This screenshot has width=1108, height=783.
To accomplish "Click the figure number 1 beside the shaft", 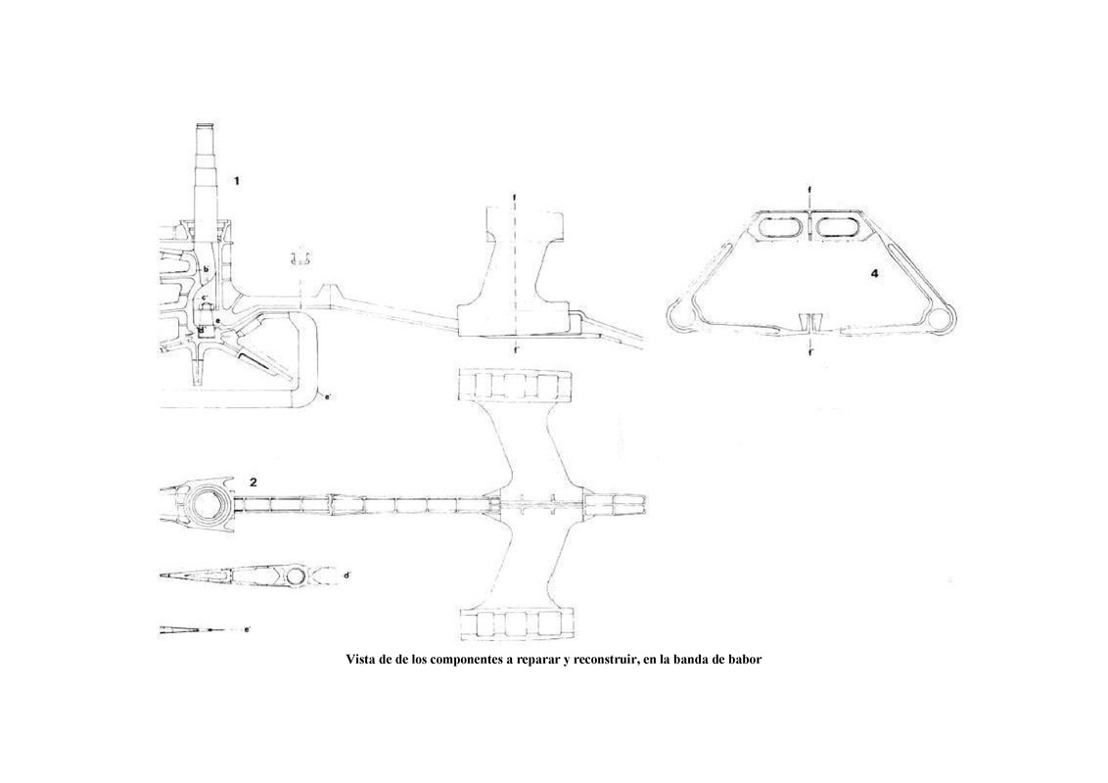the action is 236,180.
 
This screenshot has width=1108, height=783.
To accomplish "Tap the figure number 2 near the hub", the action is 254,482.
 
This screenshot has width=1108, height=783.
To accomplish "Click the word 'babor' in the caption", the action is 740,660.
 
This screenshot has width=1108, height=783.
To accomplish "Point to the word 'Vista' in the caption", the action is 364,660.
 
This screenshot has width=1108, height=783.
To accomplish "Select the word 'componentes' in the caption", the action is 463,660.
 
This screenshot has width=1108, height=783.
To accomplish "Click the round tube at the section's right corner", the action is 942,318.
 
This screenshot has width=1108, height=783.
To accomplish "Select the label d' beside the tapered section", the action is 348,576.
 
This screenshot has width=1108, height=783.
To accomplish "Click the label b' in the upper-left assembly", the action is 207,268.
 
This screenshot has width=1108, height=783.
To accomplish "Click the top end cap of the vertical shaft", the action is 207,129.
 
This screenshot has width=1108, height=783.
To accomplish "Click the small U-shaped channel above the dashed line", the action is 300,257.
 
